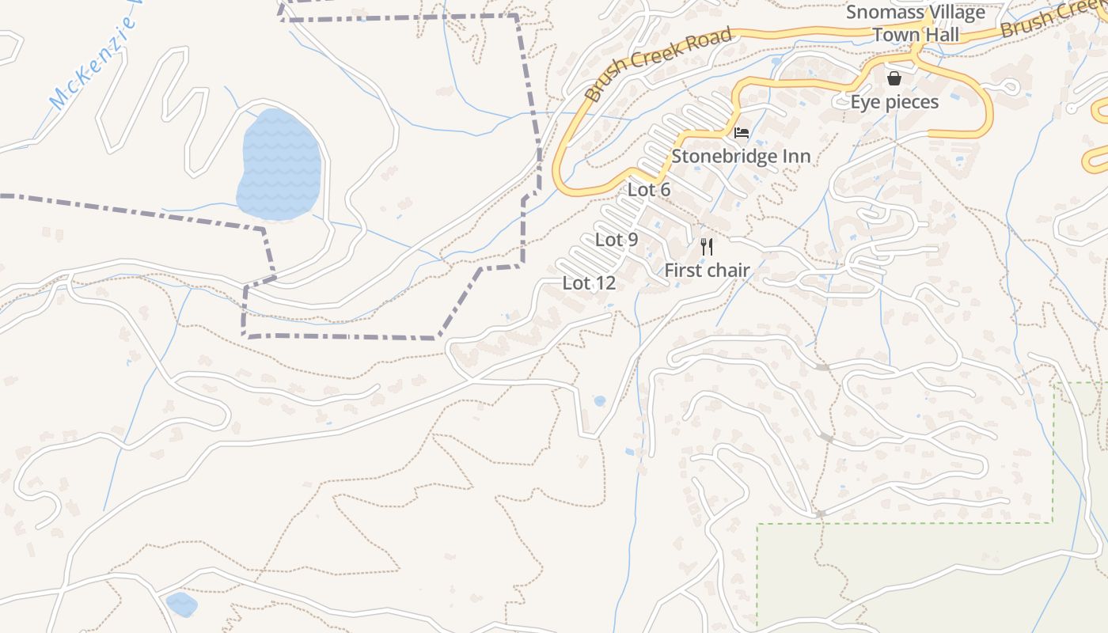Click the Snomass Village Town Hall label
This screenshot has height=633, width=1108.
pyautogui.click(x=916, y=24)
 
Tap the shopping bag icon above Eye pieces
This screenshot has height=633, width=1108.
pyautogui.click(x=894, y=78)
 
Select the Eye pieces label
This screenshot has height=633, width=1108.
pyautogui.click(x=894, y=102)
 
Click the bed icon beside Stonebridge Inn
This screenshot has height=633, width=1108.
pyautogui.click(x=742, y=132)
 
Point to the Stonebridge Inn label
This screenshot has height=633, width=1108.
pyautogui.click(x=741, y=156)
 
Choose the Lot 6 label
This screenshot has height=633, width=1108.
pyautogui.click(x=649, y=190)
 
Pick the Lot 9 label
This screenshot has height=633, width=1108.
pyautogui.click(x=617, y=240)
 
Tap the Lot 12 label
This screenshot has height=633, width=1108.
pyautogui.click(x=589, y=283)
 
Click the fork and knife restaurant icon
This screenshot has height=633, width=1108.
pyautogui.click(x=707, y=247)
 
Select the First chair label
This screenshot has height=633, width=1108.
pyautogui.click(x=707, y=271)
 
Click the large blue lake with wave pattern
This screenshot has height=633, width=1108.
pyautogui.click(x=279, y=165)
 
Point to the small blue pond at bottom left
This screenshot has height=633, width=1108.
pyautogui.click(x=182, y=605)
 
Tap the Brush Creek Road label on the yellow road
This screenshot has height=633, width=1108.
pyautogui.click(x=658, y=65)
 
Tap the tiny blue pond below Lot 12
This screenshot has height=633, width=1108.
pyautogui.click(x=599, y=401)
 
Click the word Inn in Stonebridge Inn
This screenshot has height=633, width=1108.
pyautogui.click(x=795, y=156)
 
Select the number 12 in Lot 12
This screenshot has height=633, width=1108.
pyautogui.click(x=603, y=283)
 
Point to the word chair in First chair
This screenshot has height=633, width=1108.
pyautogui.click(x=727, y=271)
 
